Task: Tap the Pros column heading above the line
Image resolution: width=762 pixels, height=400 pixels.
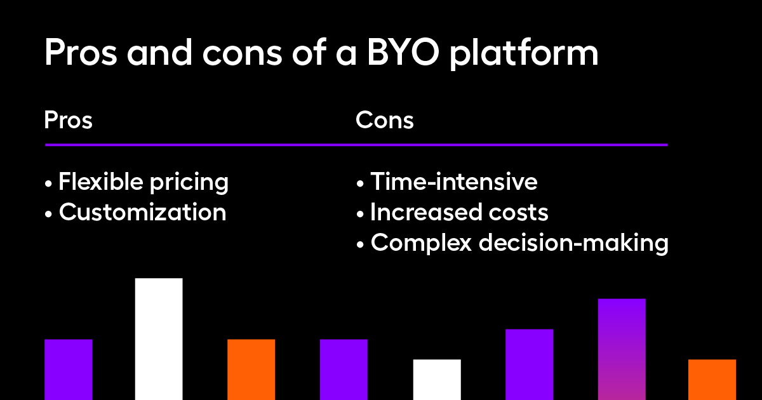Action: [x=69, y=120]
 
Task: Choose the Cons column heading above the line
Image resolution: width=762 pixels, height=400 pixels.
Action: [x=385, y=120]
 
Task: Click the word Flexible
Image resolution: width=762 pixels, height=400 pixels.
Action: [x=100, y=182]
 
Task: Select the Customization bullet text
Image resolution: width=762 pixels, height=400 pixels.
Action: [x=142, y=213]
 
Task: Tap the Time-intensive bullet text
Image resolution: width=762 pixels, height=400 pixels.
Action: [x=454, y=182]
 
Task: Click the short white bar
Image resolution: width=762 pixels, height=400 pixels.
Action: [x=437, y=379]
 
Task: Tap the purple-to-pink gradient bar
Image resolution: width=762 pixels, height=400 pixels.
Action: [x=622, y=349]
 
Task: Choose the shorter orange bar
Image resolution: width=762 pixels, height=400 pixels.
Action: [x=712, y=379]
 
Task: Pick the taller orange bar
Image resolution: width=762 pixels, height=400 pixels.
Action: [x=251, y=369]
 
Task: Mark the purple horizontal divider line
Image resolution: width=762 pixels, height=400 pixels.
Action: [x=356, y=145]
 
